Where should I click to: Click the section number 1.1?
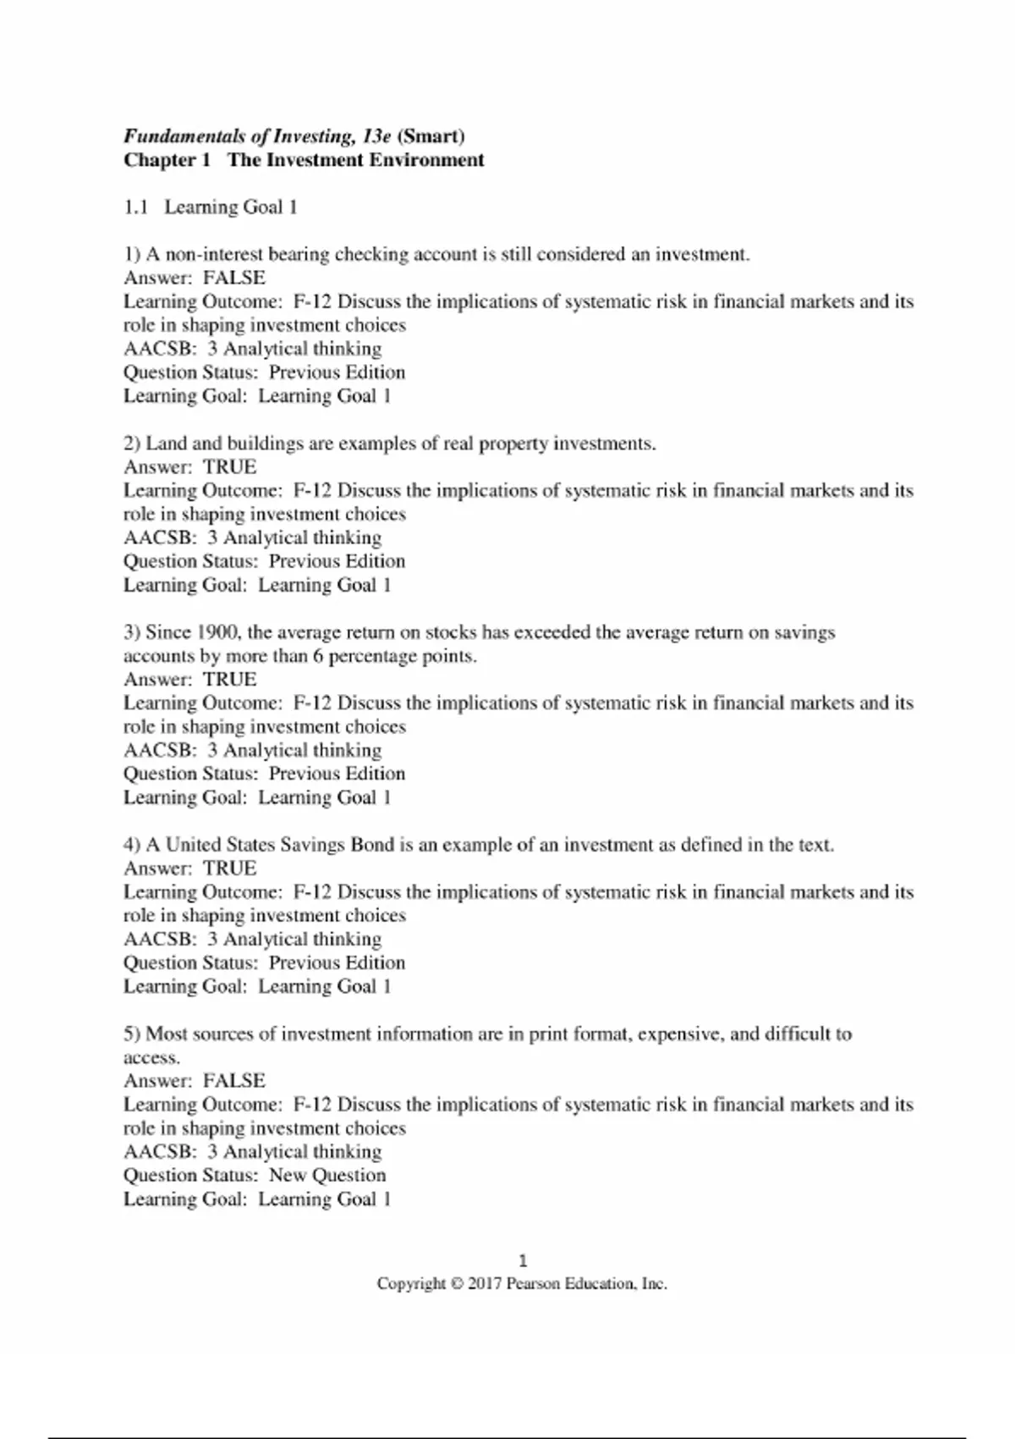[x=136, y=207]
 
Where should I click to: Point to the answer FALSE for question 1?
[x=234, y=278]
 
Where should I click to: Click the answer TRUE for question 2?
[x=229, y=466]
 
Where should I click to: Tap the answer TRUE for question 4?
[x=229, y=868]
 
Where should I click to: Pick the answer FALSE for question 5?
[x=234, y=1080]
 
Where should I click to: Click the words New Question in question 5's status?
[x=327, y=1175]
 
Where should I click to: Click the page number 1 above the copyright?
[x=523, y=1260]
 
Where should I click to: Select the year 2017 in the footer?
[x=485, y=1284]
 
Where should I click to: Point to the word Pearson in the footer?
[x=533, y=1284]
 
